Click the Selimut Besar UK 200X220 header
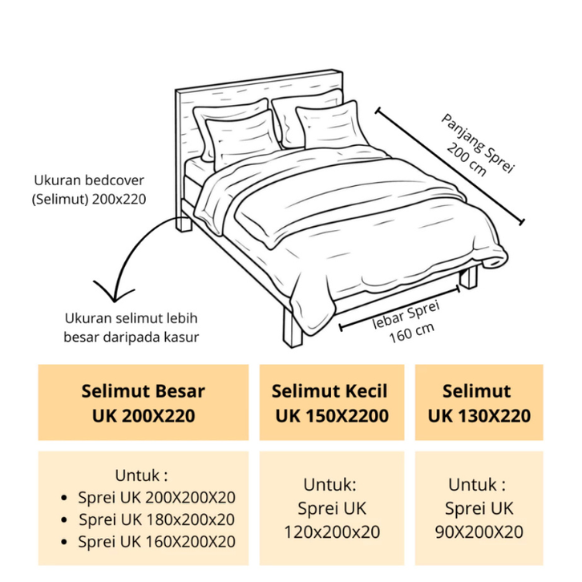point(143,403)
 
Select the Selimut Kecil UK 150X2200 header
point(329,403)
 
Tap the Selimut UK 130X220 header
point(479,403)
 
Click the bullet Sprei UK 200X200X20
point(156,497)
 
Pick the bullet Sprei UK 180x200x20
point(156,519)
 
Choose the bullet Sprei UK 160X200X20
point(156,542)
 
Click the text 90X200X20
point(478,531)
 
